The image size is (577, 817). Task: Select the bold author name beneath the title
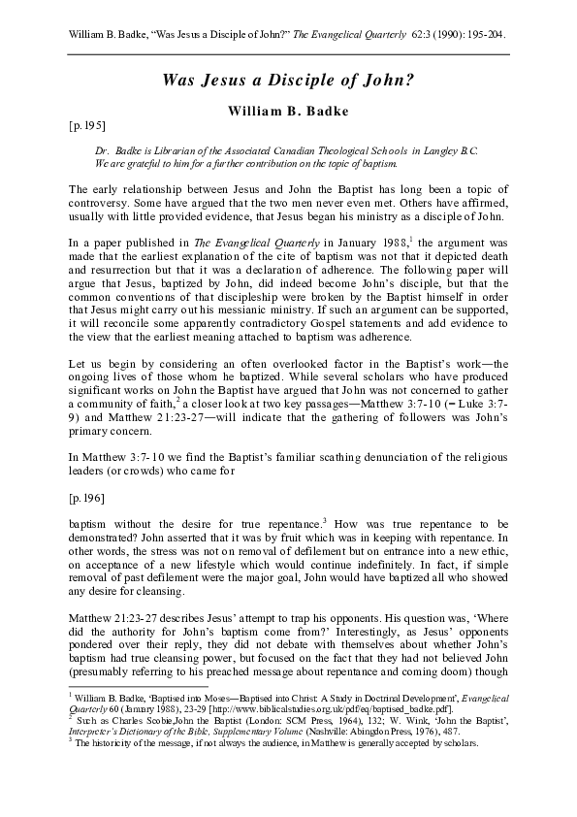pos(288,111)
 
